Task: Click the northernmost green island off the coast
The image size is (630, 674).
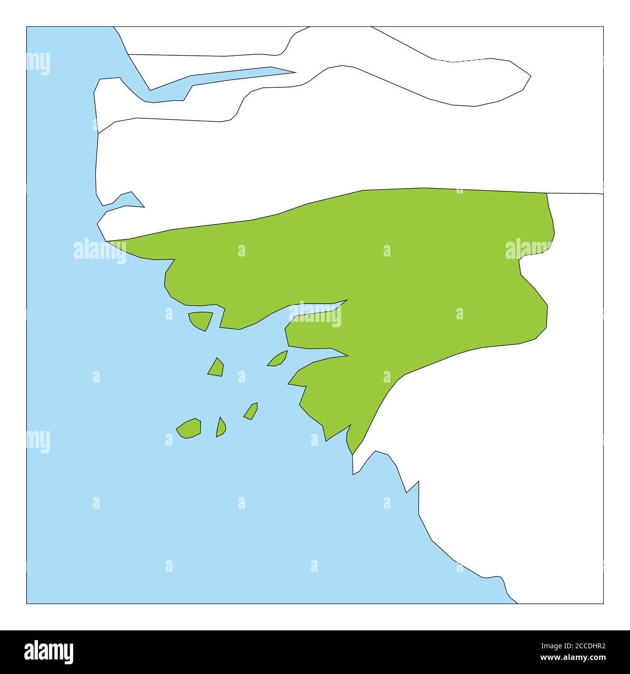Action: tap(201, 320)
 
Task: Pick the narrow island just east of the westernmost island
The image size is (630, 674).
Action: tap(220, 428)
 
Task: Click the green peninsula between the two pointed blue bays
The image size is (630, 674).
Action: tap(315, 339)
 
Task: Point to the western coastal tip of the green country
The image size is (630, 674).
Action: tap(109, 241)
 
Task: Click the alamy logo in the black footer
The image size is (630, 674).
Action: tap(49, 651)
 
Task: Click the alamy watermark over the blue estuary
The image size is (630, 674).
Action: tap(315, 315)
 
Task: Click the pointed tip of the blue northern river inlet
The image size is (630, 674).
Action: tap(294, 73)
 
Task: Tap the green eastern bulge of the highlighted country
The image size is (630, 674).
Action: tap(528, 310)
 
